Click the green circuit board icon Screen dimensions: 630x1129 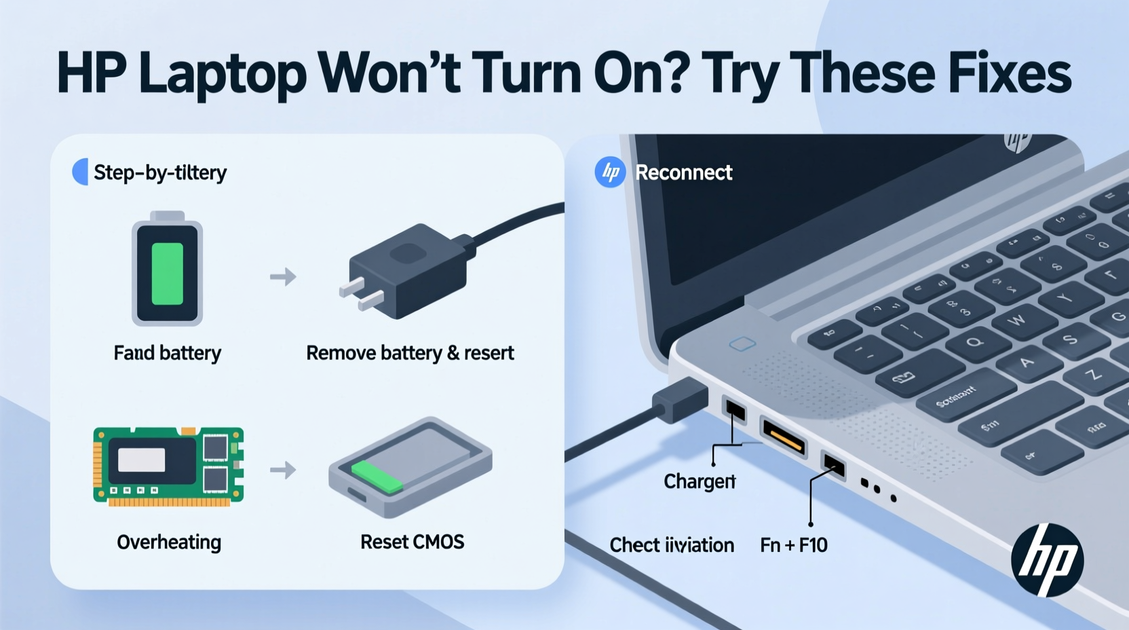pos(168,467)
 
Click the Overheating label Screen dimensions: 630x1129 pos(169,542)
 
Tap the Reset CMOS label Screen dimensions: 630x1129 pos(412,542)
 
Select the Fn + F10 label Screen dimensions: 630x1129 pos(793,545)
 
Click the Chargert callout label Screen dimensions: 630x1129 pos(699,481)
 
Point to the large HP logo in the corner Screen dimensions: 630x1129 pos(1047,560)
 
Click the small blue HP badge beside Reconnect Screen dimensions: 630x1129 pos(609,172)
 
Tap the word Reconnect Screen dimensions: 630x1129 pos(683,173)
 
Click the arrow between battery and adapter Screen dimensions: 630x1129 pos(283,277)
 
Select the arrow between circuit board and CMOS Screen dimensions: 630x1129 pos(283,470)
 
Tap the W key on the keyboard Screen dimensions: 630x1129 pos(1016,320)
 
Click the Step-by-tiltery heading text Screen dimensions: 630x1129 pos(159,173)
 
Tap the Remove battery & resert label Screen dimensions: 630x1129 pos(410,353)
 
